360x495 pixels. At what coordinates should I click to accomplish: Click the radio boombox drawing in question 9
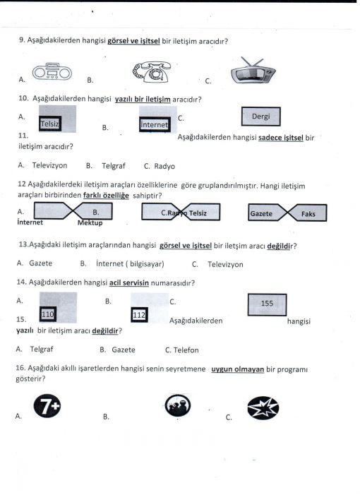tap(52, 71)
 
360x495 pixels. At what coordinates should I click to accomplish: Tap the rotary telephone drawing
tap(152, 71)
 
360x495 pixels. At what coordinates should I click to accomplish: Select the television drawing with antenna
tap(253, 71)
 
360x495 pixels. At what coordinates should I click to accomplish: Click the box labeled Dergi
tap(261, 117)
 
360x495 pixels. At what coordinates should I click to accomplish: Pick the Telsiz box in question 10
tap(50, 124)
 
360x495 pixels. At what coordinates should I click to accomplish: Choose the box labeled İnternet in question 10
tap(155, 124)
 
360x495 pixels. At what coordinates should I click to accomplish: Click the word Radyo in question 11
tap(164, 166)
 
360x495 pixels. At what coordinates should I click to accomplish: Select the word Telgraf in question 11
tap(114, 166)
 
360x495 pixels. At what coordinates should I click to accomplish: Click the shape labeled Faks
tap(308, 213)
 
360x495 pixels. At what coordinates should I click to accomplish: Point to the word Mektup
tap(90, 223)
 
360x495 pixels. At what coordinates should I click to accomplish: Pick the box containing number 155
tap(268, 304)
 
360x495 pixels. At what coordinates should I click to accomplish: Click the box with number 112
tap(139, 314)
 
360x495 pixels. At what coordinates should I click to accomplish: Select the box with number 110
tap(48, 314)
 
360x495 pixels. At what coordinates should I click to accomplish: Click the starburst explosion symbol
tap(263, 407)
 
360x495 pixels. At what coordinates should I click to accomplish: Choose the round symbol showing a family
tap(178, 405)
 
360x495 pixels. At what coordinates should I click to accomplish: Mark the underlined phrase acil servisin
tap(129, 282)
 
